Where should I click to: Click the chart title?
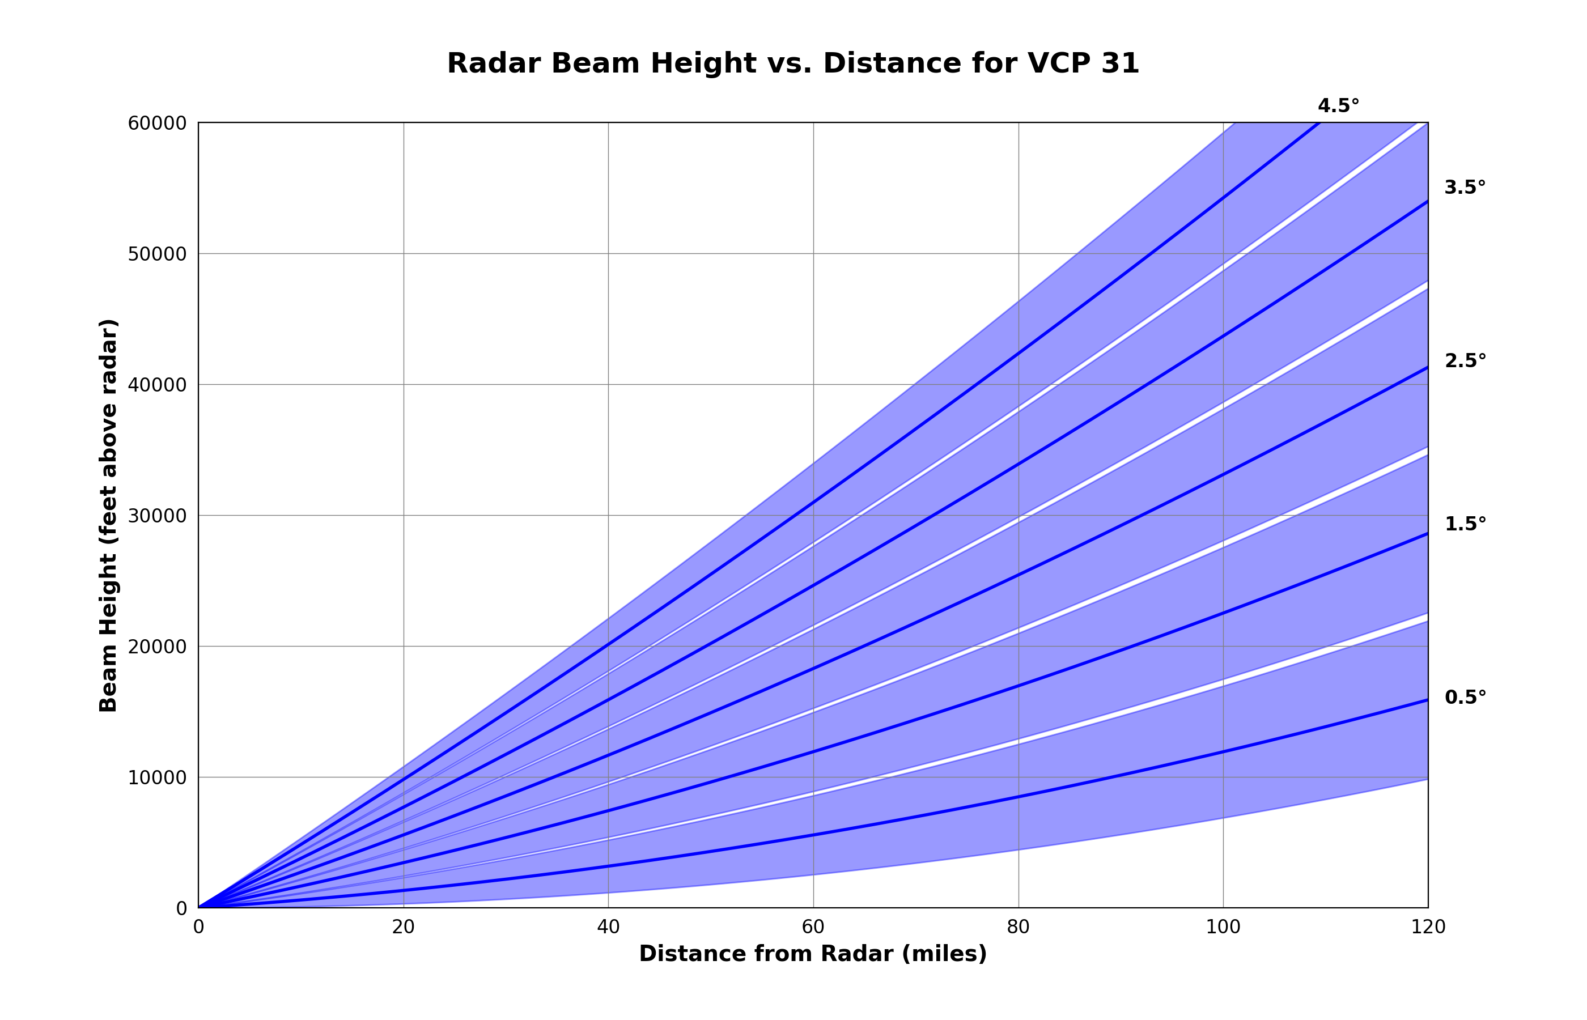pos(793,63)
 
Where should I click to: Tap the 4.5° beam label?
pos(1338,106)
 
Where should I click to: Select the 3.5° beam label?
pos(1465,188)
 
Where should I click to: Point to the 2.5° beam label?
pos(1465,361)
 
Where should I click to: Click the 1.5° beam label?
pos(1465,524)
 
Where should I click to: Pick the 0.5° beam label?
pos(1465,698)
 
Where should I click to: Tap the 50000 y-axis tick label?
pos(157,254)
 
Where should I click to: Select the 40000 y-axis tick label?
pos(157,385)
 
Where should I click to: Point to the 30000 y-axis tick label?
pos(157,516)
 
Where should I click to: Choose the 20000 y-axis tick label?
pos(157,647)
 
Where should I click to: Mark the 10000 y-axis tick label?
pos(157,777)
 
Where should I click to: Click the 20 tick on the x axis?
pos(404,927)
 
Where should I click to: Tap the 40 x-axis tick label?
pos(608,927)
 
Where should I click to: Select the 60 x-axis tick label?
pos(813,927)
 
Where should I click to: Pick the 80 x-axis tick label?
pos(1018,927)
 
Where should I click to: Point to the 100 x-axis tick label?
pos(1223,927)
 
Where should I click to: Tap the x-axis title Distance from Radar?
pos(813,954)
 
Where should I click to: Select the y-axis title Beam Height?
pos(108,515)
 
